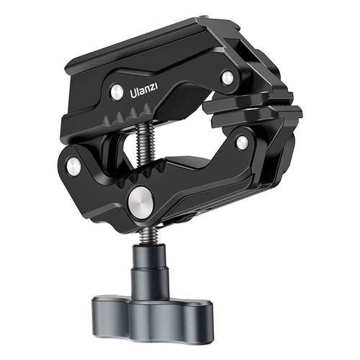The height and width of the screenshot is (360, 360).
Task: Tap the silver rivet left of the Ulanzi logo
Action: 115,90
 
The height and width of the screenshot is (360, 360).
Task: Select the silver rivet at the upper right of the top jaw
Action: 228,77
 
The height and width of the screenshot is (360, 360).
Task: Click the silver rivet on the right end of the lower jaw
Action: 242,143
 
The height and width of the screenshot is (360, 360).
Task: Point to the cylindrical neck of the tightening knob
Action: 152,270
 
